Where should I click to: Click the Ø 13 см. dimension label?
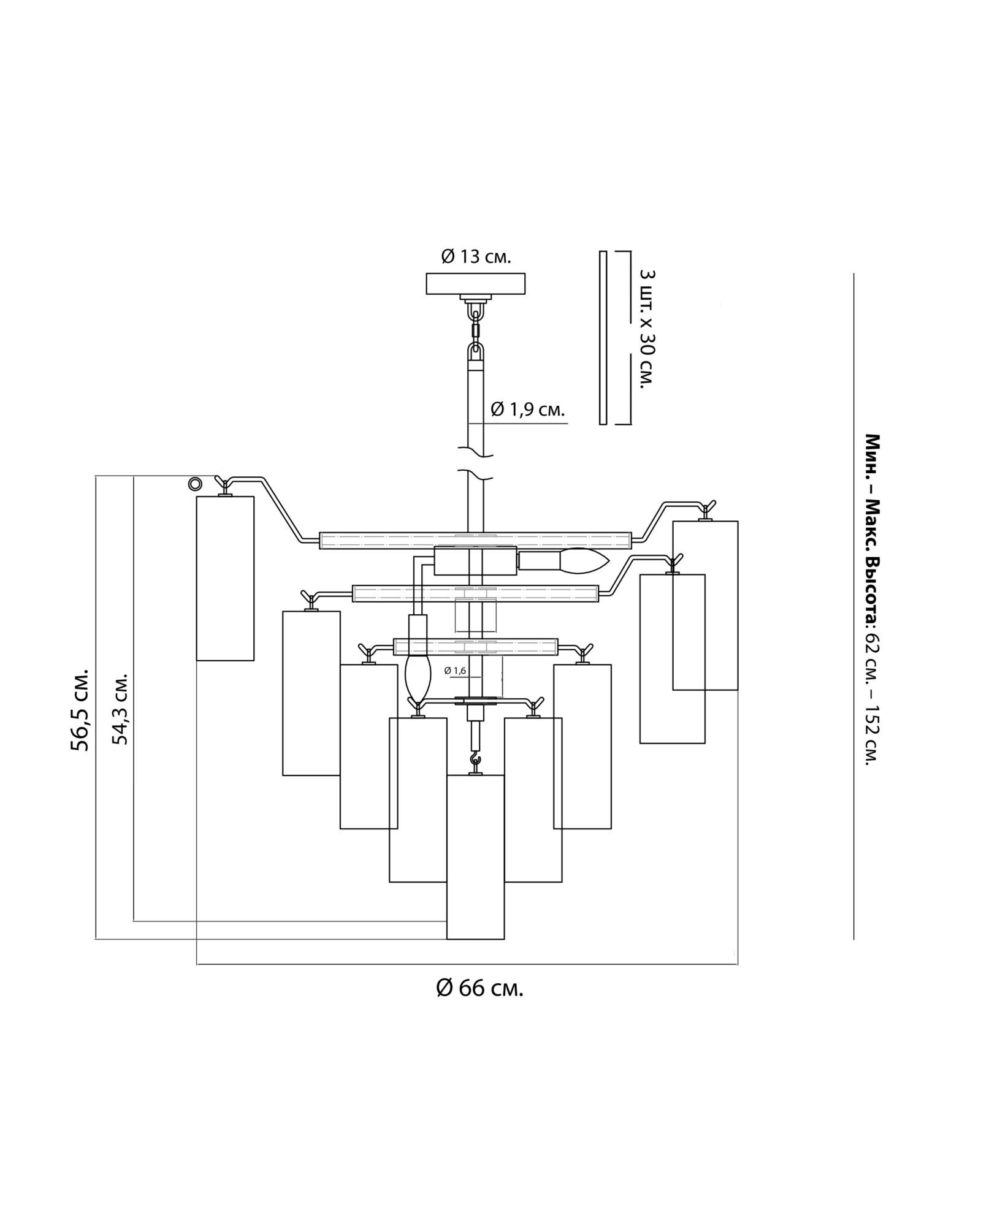tap(476, 256)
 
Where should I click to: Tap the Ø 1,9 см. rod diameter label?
tap(527, 409)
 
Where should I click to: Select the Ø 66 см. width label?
tap(480, 988)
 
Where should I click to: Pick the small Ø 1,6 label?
tap(456, 671)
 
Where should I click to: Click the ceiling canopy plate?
tap(476, 283)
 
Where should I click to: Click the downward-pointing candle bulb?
tap(418, 676)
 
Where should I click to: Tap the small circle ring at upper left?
tap(195, 484)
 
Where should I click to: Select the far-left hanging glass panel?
tap(225, 578)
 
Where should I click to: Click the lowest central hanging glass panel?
tap(475, 857)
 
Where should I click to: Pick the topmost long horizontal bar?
tap(475, 540)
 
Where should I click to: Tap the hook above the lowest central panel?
tap(475, 763)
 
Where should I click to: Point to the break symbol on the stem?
tap(476, 464)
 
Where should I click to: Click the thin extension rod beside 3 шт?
tap(603, 337)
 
